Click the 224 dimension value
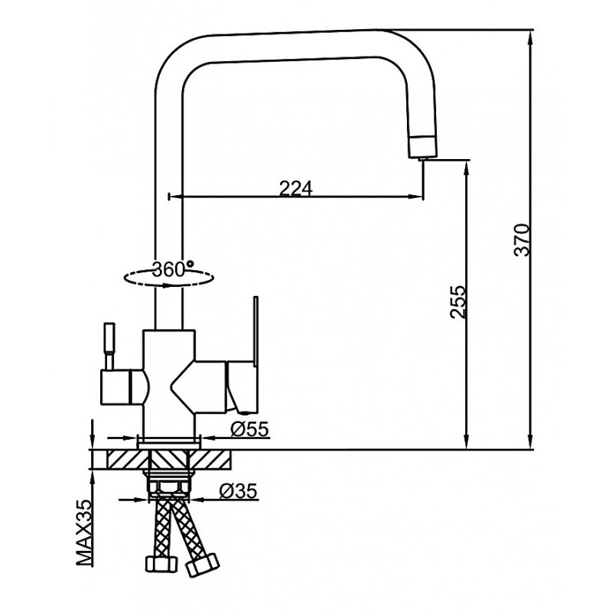296,189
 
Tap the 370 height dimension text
522,239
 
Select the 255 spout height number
457,302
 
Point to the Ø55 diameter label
249,429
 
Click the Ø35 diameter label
238,491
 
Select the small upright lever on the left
109,346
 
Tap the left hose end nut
161,563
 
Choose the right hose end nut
202,565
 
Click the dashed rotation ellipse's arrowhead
168,285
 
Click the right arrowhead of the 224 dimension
415,197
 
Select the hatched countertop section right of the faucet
210,460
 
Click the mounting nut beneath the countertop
169,487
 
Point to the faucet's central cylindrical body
168,382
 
